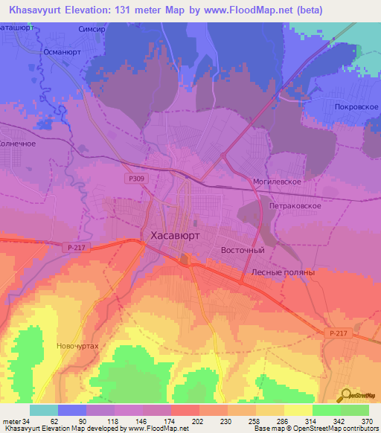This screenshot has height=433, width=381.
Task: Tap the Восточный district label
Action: click(x=243, y=251)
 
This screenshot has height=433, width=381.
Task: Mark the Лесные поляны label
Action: click(x=284, y=272)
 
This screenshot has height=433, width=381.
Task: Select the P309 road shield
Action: click(x=135, y=179)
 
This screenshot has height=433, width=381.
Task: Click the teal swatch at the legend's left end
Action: click(x=44, y=410)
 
